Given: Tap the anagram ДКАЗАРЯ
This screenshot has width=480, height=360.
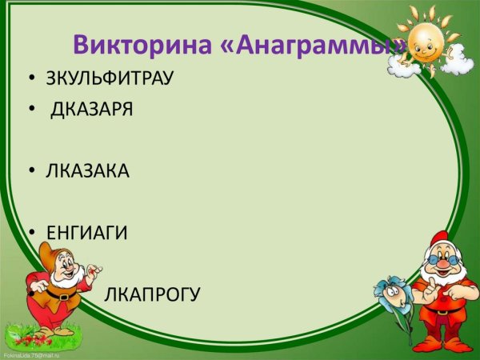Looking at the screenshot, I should click(x=93, y=110).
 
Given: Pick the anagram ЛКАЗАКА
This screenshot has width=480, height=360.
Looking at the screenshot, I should click(x=87, y=171).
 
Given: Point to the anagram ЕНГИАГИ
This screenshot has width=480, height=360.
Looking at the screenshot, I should click(x=86, y=233).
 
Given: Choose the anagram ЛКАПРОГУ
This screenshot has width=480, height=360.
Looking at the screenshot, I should click(x=152, y=294).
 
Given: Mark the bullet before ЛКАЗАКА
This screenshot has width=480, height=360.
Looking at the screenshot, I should click(x=30, y=172).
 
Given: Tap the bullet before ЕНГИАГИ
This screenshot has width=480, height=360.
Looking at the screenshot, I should click(x=30, y=234).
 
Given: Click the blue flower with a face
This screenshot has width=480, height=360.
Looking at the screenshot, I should click(x=391, y=293).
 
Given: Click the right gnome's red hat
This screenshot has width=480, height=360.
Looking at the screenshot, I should click(x=438, y=242).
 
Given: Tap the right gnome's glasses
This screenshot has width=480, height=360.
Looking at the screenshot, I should click(x=439, y=261).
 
